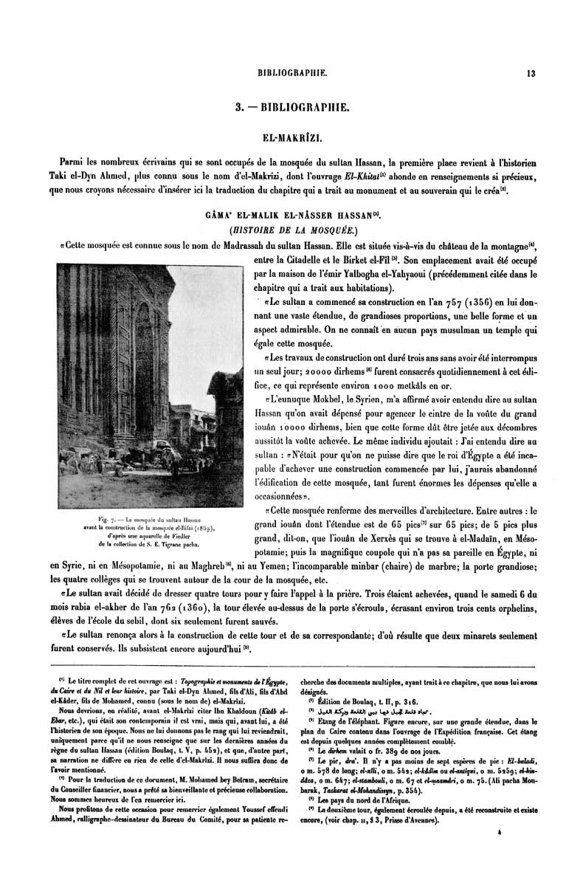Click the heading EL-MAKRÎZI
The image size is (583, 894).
(x=291, y=137)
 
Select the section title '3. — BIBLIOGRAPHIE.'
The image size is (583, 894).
(x=291, y=108)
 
